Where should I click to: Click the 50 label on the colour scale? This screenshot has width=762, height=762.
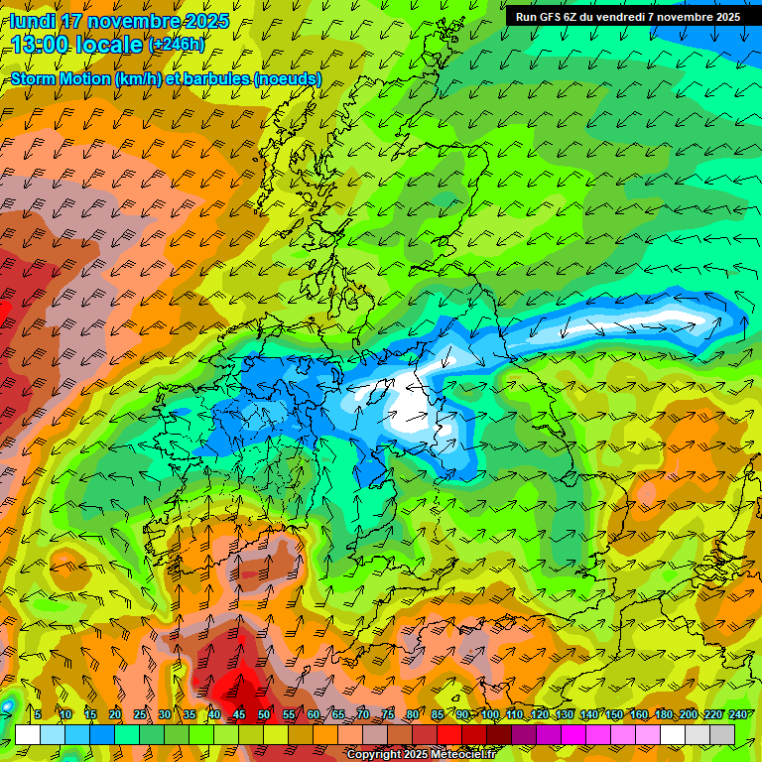(x=264, y=714)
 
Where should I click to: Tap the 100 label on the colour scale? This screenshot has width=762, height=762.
(x=490, y=714)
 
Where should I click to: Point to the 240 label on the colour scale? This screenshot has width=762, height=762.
(x=738, y=714)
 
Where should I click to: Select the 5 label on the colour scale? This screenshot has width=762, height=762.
(x=38, y=714)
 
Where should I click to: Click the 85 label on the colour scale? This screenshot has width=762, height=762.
(x=438, y=714)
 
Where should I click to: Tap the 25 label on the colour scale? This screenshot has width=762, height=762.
(x=140, y=714)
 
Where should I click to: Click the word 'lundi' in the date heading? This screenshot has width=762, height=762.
(x=33, y=21)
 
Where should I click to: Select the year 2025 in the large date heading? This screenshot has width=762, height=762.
(x=207, y=21)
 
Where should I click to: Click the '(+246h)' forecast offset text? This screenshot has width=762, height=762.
(x=176, y=45)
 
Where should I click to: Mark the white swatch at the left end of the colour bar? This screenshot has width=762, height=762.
(x=28, y=734)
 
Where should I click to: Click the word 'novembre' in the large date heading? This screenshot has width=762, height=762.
(x=135, y=21)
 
